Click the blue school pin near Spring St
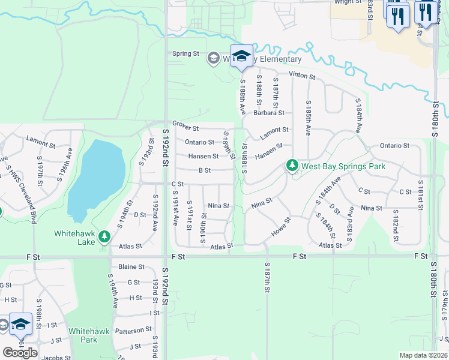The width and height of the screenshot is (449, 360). coord(241,56)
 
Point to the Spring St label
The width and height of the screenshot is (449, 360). coord(185,53)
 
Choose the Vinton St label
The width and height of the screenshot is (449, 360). coord(302,76)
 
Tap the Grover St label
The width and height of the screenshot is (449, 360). coord(185,127)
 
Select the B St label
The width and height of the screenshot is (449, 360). coord(204,170)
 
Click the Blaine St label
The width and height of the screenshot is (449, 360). coord(131,266)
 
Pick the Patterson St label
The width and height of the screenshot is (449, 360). coord(133,330)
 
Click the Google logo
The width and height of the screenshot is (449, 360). coord(20,352)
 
